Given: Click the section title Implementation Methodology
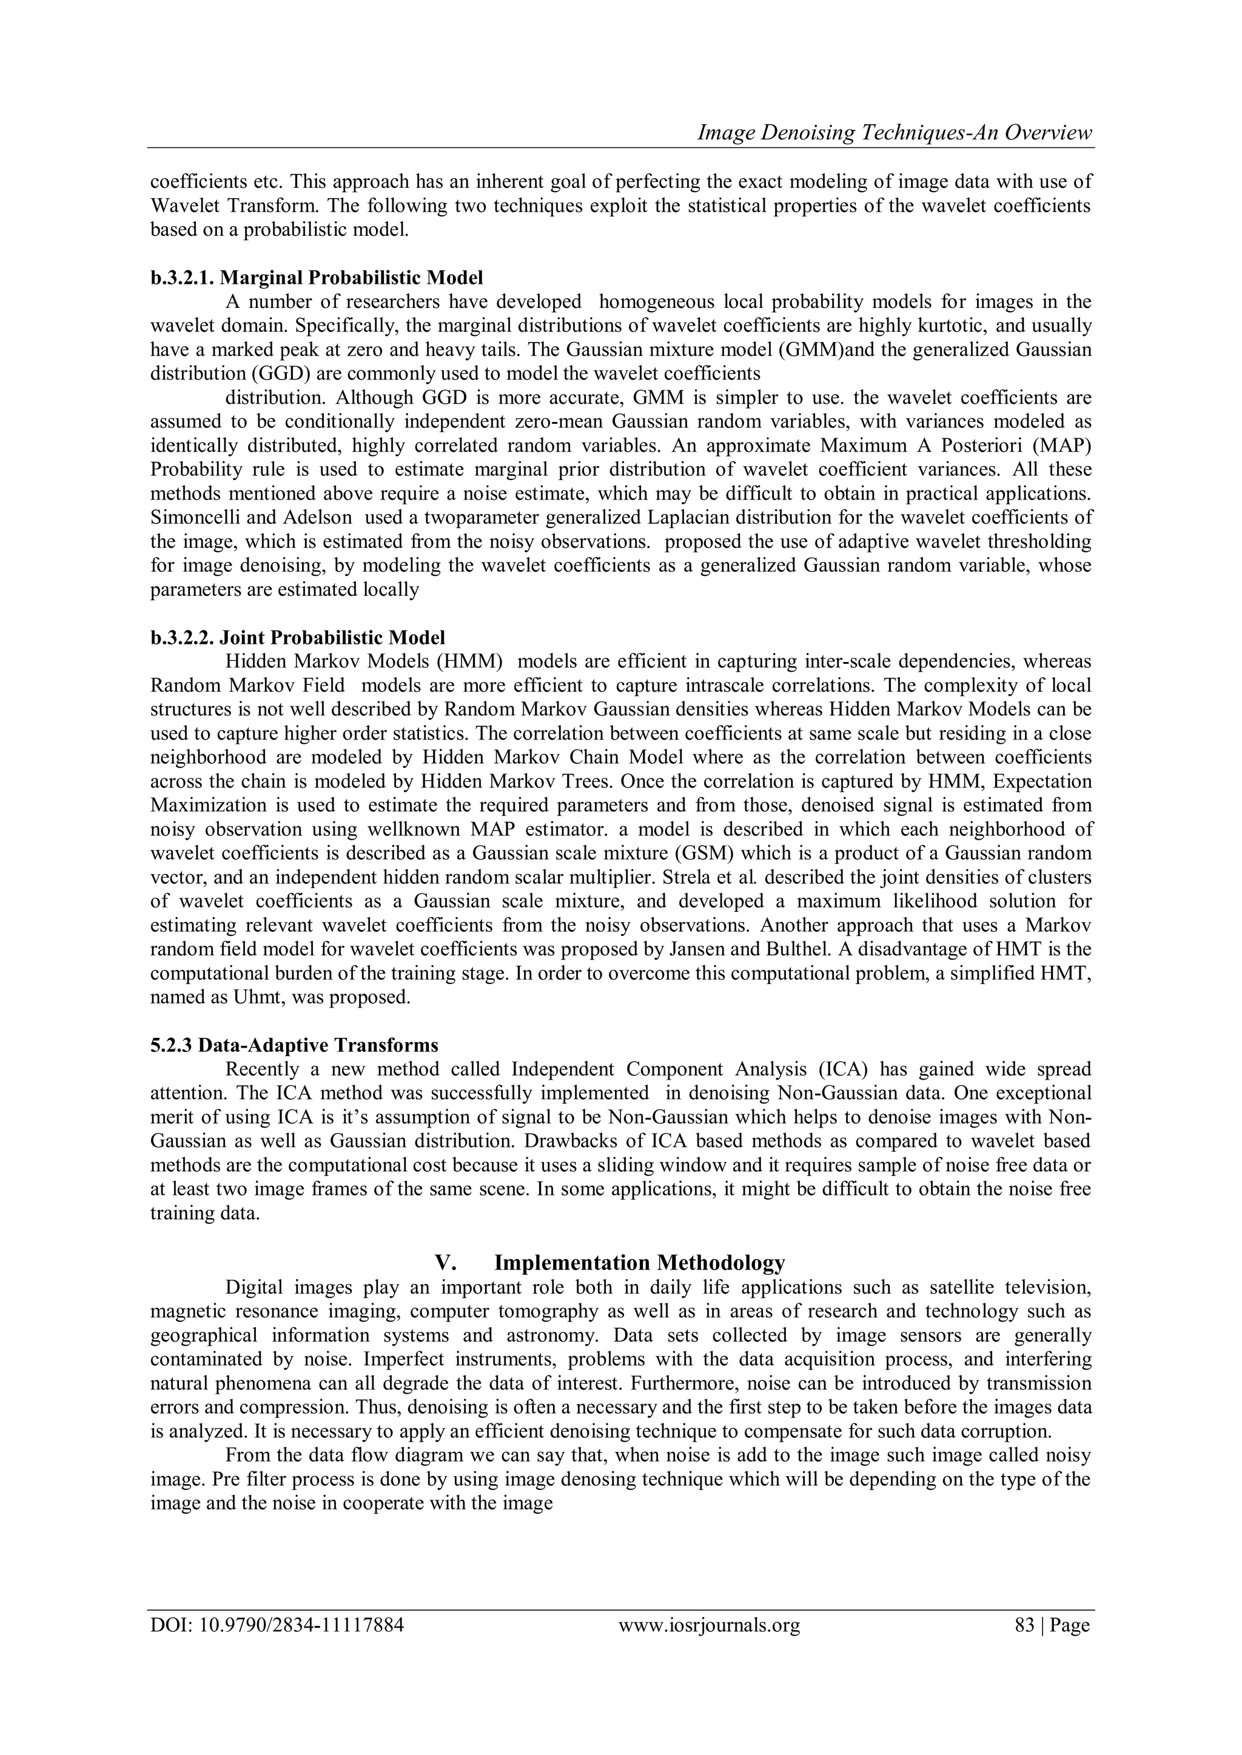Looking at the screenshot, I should [639, 1262].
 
